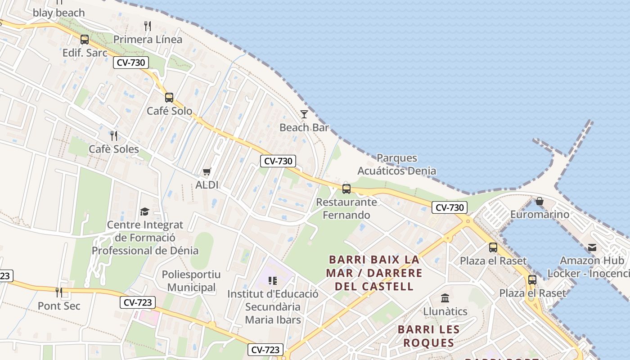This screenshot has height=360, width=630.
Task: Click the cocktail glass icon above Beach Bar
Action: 304,114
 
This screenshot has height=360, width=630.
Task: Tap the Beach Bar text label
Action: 304,127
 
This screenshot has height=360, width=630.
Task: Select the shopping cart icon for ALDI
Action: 207,171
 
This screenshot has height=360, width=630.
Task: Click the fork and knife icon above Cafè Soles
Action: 114,135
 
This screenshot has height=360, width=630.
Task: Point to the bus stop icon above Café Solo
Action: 169,97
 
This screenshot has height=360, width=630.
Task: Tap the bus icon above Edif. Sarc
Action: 85,39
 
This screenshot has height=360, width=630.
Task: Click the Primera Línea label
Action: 148,39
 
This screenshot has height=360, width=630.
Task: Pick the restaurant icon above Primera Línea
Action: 148,25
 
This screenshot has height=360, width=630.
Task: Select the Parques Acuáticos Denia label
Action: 396,164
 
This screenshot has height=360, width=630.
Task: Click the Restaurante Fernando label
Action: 346,208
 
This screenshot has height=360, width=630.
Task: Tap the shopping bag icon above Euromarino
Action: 540,201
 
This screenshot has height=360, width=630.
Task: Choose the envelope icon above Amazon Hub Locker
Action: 592,247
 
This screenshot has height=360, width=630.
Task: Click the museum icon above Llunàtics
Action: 445,298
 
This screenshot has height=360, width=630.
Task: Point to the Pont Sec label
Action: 59,306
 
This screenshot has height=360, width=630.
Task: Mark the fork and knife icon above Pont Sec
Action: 59,292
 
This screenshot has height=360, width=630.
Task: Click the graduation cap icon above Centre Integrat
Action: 144,211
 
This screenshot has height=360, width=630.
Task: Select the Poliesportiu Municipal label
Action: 191,281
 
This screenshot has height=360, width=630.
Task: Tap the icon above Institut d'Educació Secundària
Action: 272,281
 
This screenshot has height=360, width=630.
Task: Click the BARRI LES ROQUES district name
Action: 428,336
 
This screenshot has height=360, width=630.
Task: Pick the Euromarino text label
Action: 540,214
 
